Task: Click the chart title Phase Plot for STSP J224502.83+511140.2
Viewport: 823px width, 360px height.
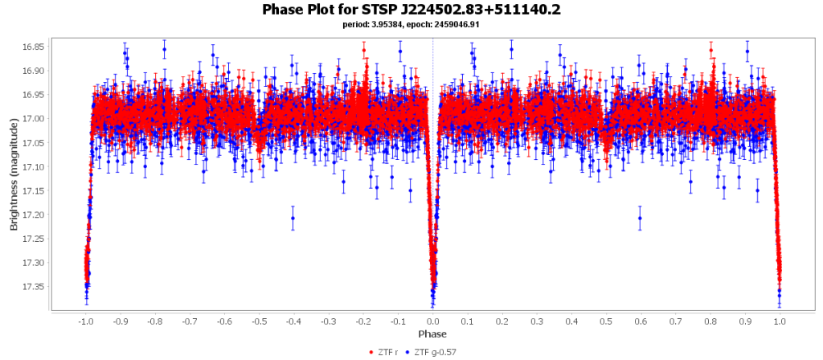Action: (x=411, y=10)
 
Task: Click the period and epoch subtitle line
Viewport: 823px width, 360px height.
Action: (x=411, y=25)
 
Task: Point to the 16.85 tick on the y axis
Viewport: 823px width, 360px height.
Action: (x=33, y=47)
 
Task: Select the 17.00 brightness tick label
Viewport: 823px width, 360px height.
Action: (x=33, y=119)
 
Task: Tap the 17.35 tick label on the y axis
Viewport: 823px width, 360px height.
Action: (x=33, y=287)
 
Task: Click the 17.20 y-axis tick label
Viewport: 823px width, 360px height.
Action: (x=33, y=215)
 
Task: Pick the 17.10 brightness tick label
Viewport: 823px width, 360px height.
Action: (x=33, y=166)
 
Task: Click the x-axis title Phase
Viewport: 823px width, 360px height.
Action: (x=432, y=333)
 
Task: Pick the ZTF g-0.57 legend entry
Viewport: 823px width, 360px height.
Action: (x=435, y=352)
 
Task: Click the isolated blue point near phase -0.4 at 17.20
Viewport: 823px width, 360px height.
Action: (x=293, y=218)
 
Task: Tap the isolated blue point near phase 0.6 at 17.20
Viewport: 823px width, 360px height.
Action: (x=640, y=218)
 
